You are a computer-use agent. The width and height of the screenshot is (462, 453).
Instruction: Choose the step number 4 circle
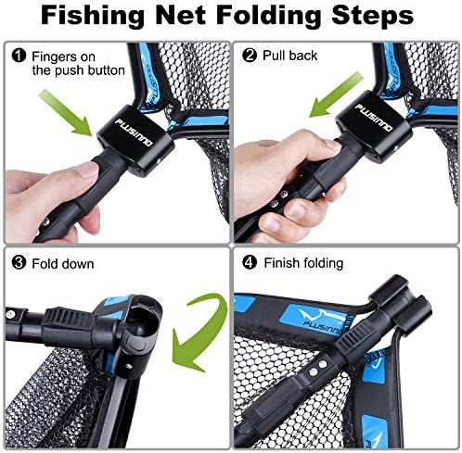click(x=248, y=263)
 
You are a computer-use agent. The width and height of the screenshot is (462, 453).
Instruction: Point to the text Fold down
click(x=59, y=263)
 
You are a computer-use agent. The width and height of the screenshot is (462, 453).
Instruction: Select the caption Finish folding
click(x=302, y=263)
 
